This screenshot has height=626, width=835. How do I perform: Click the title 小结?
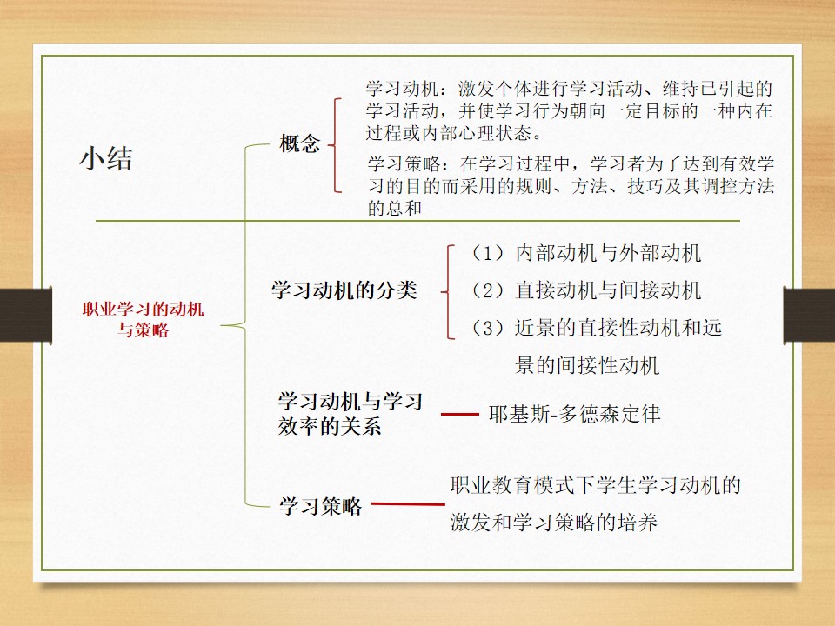(x=106, y=158)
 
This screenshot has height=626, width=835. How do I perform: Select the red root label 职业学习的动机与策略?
(x=143, y=319)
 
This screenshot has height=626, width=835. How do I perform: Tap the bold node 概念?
(x=300, y=143)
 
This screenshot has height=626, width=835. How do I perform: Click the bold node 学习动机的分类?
(x=344, y=290)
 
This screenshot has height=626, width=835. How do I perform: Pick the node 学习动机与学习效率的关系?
(x=350, y=414)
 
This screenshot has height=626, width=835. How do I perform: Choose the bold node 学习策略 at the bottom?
(x=321, y=506)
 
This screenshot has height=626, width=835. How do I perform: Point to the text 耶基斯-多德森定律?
(x=575, y=414)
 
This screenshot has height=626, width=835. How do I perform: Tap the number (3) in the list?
(x=488, y=328)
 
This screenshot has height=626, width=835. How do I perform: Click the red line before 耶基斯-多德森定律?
(x=460, y=414)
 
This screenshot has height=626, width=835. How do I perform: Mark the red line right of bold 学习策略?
(x=408, y=503)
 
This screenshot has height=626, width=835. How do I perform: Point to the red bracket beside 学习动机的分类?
(x=448, y=292)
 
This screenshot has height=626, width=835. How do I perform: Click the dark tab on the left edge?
(x=26, y=315)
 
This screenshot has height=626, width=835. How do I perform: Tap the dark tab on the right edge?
(x=809, y=315)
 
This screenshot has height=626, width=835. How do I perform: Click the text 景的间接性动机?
(x=587, y=365)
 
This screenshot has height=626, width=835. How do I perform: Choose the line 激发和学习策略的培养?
(x=554, y=523)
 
